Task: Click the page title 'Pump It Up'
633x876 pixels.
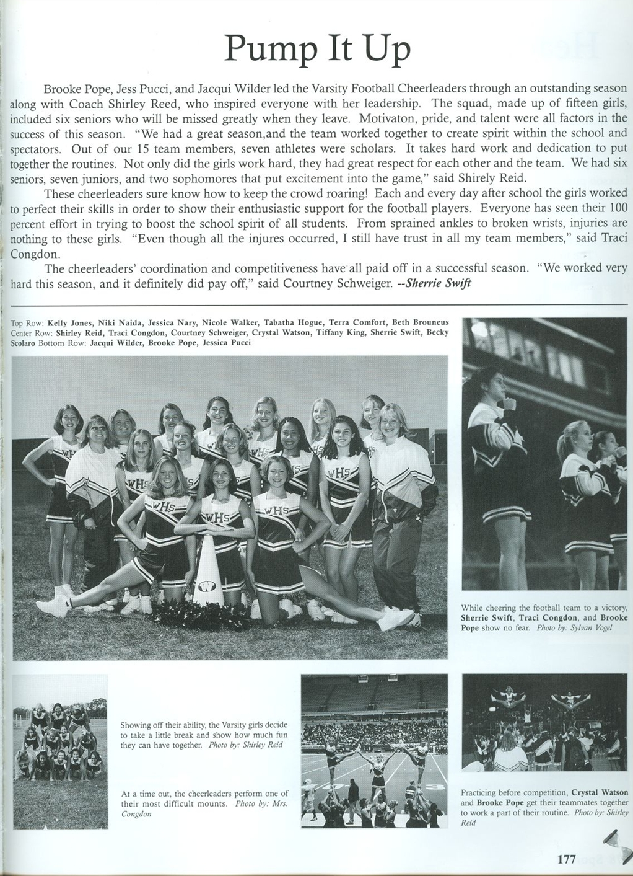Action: coord(316,48)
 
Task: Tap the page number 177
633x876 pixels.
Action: coord(566,859)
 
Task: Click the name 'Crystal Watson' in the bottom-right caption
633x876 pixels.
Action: coord(599,793)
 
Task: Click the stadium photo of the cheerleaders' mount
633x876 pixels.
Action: coord(373,751)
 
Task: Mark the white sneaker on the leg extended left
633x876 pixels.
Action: coord(51,608)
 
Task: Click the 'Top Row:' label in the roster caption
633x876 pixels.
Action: coord(27,323)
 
